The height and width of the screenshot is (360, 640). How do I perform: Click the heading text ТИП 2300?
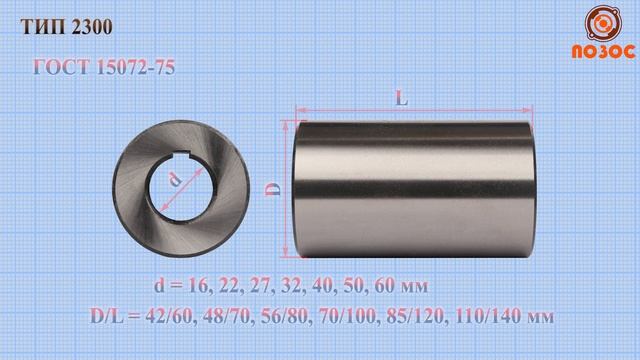tap(67, 27)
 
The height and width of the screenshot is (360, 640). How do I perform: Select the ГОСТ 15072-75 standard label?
tap(104, 67)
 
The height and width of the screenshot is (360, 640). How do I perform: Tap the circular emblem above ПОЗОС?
tap(603, 24)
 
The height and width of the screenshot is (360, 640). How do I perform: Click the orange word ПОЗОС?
tap(604, 52)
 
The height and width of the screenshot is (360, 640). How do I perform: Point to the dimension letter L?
tap(402, 98)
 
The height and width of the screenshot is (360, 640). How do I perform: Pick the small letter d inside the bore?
tap(176, 180)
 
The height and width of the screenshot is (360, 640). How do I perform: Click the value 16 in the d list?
tap(199, 286)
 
